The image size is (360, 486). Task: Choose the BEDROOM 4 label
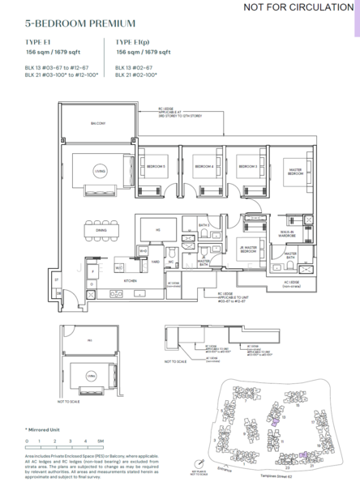click(204, 166)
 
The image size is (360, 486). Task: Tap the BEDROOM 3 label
click(250, 166)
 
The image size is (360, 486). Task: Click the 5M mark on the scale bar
click(101, 441)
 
